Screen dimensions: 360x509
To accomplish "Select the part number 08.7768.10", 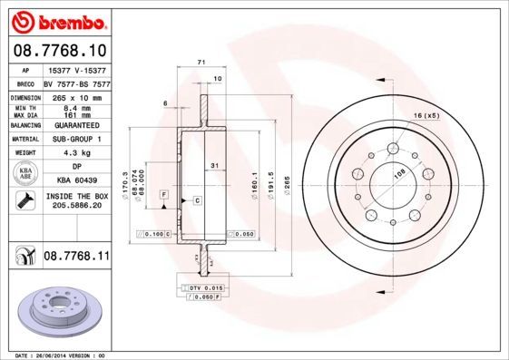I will (59, 50).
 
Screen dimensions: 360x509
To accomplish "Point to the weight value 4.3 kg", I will (75, 153).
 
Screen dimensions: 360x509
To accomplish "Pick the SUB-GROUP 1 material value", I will (75, 141).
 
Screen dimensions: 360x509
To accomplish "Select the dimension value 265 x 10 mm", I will (75, 95).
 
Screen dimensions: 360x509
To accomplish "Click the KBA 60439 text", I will (75, 181).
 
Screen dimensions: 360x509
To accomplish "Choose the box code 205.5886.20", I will (75, 206).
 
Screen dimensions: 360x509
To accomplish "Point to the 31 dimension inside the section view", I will (213, 165).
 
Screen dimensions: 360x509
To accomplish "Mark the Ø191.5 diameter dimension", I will (270, 174).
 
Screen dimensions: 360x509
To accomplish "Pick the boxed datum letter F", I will (163, 195).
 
